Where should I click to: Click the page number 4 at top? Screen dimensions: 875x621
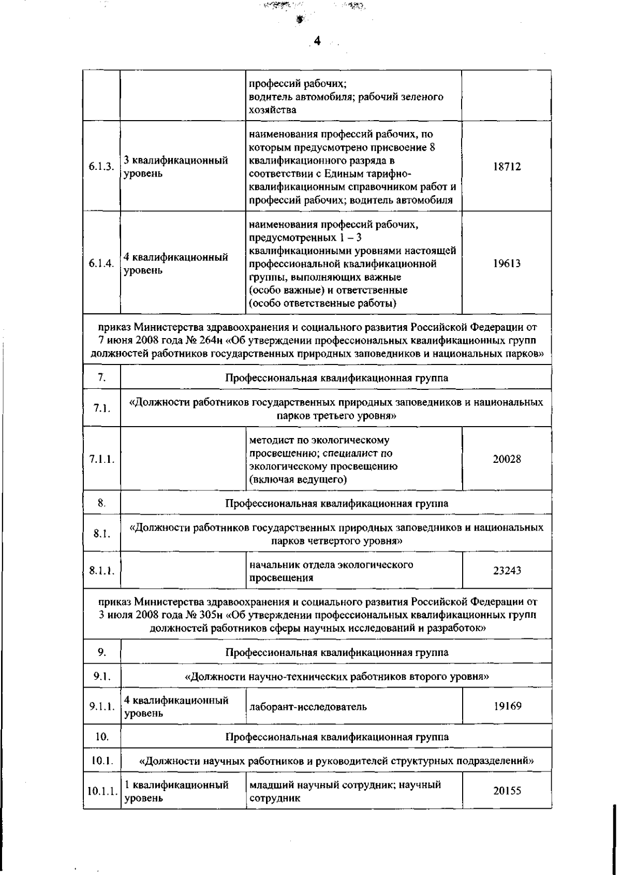pyautogui.click(x=317, y=41)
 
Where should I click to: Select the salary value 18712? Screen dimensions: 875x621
pyautogui.click(x=506, y=167)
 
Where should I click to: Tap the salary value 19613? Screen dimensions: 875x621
pyautogui.click(x=506, y=264)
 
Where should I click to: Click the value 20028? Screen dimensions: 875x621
pyautogui.click(x=506, y=459)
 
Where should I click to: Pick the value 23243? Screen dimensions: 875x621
pyautogui.click(x=506, y=571)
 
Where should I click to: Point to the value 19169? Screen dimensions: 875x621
pyautogui.click(x=506, y=706)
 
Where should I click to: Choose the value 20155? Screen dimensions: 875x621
pyautogui.click(x=506, y=791)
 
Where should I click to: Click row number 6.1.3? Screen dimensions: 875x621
pyautogui.click(x=101, y=167)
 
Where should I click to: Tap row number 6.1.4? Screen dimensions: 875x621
pyautogui.click(x=101, y=264)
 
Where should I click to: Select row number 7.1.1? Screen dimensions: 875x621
pyautogui.click(x=101, y=459)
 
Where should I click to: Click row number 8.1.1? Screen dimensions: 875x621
pyautogui.click(x=101, y=571)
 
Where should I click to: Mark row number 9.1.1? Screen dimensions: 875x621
pyautogui.click(x=101, y=706)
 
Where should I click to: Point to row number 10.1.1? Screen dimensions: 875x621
pyautogui.click(x=102, y=791)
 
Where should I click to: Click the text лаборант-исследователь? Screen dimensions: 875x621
pyautogui.click(x=308, y=707)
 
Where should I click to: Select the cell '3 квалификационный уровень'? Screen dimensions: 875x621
pyautogui.click(x=176, y=167)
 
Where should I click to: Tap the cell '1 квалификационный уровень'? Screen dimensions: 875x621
pyautogui.click(x=176, y=791)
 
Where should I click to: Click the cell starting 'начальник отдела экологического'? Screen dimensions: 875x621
pyautogui.click(x=331, y=571)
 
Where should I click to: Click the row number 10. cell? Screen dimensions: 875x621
pyautogui.click(x=101, y=736)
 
